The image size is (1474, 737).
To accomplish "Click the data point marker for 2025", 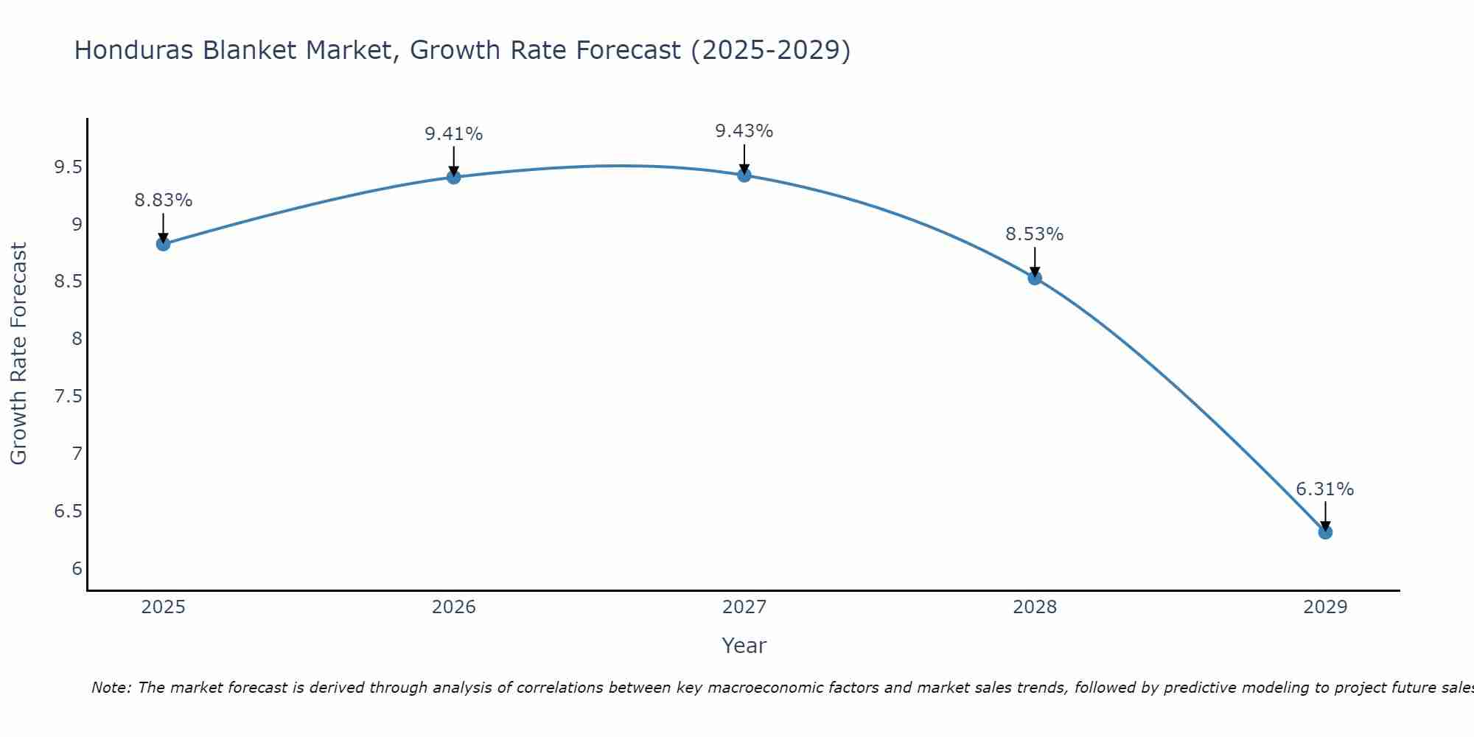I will point(164,244).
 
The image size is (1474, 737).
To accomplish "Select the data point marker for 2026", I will point(454,177).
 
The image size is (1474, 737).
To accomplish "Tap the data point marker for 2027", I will point(744,175).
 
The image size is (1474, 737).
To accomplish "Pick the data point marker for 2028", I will point(1035,278).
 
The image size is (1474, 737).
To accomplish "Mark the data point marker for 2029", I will point(1325,532).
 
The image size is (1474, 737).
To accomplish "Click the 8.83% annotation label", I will point(164,200).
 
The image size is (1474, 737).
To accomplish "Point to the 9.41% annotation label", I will point(454,134).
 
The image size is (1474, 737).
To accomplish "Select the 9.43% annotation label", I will point(744,131).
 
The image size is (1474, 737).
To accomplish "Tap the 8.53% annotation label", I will point(1035,234).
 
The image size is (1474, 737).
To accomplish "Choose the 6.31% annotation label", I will point(1325,489).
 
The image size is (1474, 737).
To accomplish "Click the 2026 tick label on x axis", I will point(454,607).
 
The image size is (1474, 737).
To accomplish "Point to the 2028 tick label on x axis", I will point(1035,607).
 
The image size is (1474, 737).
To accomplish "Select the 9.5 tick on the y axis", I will point(68,167).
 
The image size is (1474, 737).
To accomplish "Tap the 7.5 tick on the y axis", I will point(68,397).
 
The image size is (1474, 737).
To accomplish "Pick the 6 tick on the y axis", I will point(77,568).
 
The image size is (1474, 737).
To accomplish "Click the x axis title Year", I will point(744,646).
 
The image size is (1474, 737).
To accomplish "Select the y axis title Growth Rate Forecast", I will point(19,354).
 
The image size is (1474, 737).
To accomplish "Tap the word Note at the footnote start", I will point(111,688).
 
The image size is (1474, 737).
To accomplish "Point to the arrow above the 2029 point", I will point(1325,516).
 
